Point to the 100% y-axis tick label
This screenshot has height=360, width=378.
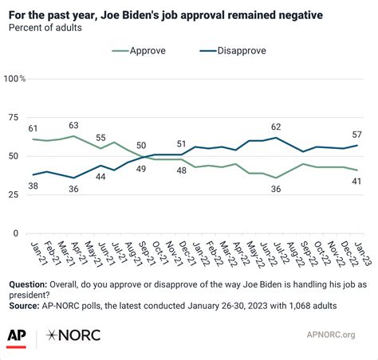(x=15, y=79)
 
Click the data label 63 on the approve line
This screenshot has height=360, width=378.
(x=74, y=124)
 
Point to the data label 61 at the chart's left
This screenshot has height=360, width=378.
(x=33, y=127)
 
